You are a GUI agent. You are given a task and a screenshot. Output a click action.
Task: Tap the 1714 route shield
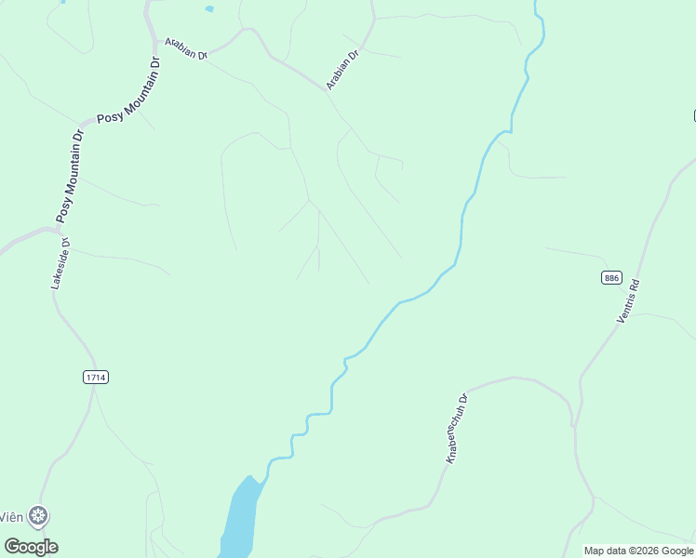click(96, 377)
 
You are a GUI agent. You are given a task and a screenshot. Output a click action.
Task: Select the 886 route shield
click(611, 277)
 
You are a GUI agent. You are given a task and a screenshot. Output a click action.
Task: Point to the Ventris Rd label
click(630, 301)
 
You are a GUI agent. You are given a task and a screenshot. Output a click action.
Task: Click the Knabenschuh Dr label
click(456, 428)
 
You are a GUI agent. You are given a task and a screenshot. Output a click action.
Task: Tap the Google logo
click(32, 547)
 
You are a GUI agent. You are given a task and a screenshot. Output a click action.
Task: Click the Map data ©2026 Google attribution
click(638, 551)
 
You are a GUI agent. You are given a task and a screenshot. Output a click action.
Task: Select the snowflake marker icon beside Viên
click(38, 515)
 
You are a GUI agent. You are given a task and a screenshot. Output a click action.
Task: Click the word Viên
click(11, 516)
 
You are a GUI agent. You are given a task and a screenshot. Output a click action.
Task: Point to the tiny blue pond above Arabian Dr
click(209, 9)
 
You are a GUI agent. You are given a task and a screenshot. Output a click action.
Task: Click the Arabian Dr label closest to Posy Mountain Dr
click(186, 48)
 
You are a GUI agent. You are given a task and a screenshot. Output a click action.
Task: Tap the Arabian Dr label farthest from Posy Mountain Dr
click(342, 71)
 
